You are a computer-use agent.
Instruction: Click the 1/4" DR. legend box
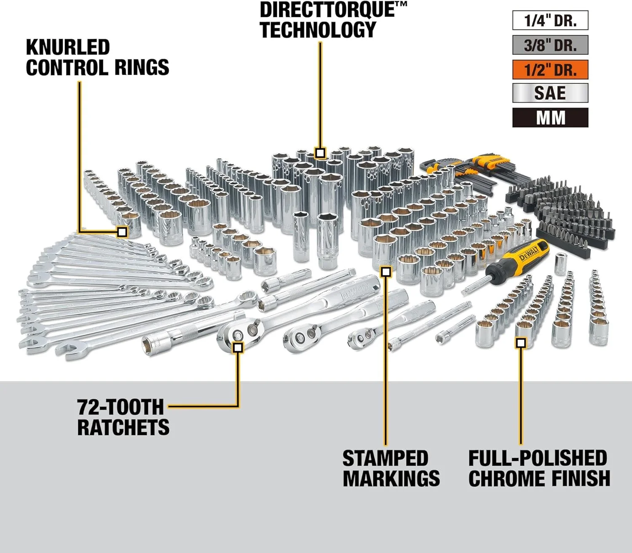click(550, 21)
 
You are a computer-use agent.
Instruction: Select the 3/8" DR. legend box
click(550, 45)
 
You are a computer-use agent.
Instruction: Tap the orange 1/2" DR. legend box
click(550, 70)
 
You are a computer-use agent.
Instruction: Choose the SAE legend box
click(550, 93)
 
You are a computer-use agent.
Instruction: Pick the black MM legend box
click(550, 118)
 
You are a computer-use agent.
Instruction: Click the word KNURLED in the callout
click(68, 47)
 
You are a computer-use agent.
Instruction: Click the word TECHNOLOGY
click(318, 30)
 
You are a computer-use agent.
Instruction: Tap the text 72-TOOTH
click(120, 407)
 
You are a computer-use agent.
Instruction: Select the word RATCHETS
click(123, 427)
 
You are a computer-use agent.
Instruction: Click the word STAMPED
click(385, 458)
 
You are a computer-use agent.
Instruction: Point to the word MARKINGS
click(391, 478)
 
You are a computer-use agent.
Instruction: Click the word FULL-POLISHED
click(538, 458)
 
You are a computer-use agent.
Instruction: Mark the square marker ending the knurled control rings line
click(122, 231)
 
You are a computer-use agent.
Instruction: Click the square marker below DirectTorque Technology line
click(320, 152)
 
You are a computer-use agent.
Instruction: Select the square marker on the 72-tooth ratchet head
click(238, 347)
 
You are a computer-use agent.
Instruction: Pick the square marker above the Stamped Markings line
click(386, 272)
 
